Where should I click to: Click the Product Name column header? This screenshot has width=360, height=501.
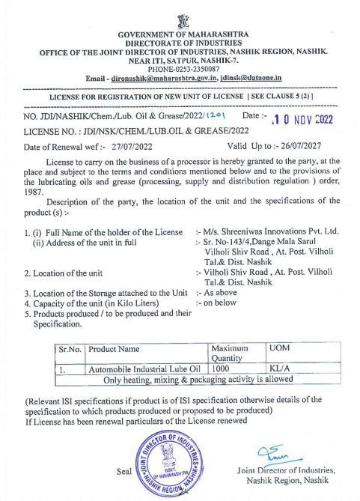point(114,349)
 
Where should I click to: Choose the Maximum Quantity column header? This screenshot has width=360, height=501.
point(234,353)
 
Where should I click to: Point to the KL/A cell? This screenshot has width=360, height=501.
point(280,368)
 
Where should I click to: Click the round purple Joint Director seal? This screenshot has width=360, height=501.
point(171,462)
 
